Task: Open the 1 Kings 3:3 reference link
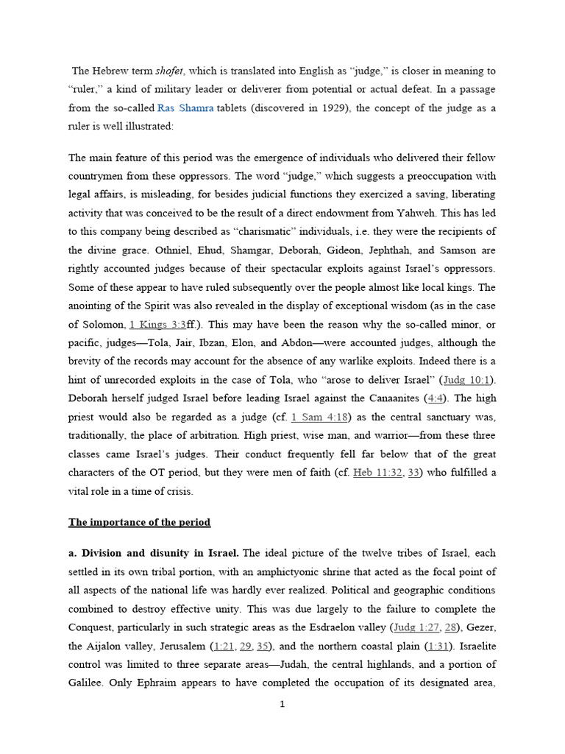point(157,325)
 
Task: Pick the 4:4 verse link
point(436,398)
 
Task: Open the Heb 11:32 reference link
point(377,472)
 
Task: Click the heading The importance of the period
point(139,522)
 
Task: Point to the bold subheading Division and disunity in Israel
point(160,553)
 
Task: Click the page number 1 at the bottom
point(282,705)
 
